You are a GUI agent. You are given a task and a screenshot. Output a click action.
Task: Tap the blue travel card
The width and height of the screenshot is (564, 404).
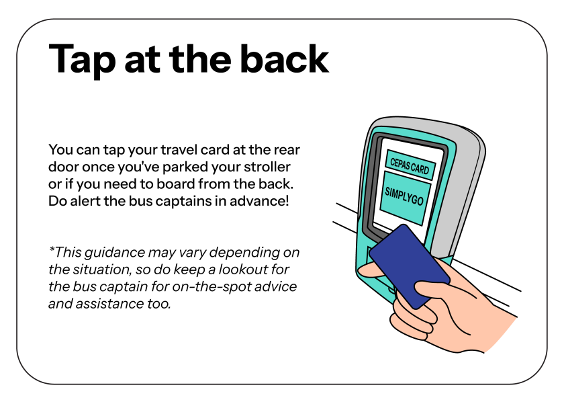pyautogui.click(x=409, y=266)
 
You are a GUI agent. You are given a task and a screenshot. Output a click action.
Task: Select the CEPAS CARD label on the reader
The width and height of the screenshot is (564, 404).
pyautogui.click(x=409, y=164)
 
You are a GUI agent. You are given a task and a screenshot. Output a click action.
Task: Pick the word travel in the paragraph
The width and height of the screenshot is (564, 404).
pyautogui.click(x=175, y=149)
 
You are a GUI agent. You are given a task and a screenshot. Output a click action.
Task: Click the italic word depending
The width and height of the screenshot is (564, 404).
pyautogui.click(x=243, y=253)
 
